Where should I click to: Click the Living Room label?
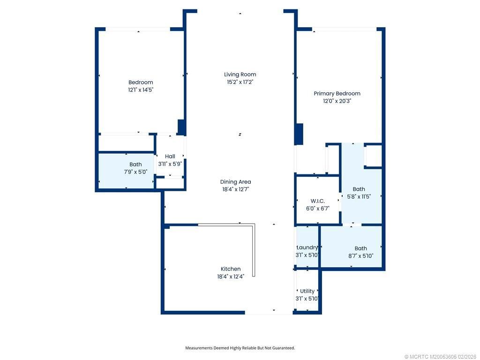pyautogui.click(x=240, y=74)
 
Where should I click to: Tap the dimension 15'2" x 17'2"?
pyautogui.click(x=240, y=82)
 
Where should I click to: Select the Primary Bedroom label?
pyautogui.click(x=337, y=93)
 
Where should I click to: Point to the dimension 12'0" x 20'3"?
pyautogui.click(x=337, y=101)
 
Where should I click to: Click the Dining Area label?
pyautogui.click(x=235, y=182)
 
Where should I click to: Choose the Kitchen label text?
pyautogui.click(x=231, y=269)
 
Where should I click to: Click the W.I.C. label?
pyautogui.click(x=317, y=201)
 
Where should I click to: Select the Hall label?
pyautogui.click(x=170, y=157)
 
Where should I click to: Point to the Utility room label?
pyautogui.click(x=307, y=291)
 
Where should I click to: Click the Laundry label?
pyautogui.click(x=307, y=247)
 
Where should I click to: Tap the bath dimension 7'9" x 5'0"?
pyautogui.click(x=135, y=172)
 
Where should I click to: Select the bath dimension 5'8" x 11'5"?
pyautogui.click(x=359, y=197)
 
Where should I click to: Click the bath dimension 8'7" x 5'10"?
pyautogui.click(x=360, y=256)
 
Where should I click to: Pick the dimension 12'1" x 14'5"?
pyautogui.click(x=141, y=90)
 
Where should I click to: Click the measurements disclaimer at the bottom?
pyautogui.click(x=240, y=348)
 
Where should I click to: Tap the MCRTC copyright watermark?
pyautogui.click(x=441, y=356)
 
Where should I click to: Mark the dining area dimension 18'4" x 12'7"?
pyautogui.click(x=235, y=189)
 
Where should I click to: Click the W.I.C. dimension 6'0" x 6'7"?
pyautogui.click(x=317, y=208)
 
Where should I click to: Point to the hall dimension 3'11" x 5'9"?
pyautogui.click(x=170, y=164)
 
